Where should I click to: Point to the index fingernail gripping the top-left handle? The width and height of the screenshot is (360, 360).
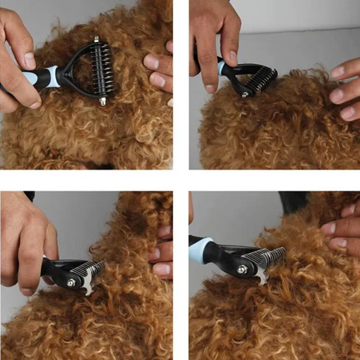pyautogui.click(x=30, y=60)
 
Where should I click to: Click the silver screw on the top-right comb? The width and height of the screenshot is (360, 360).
pyautogui.click(x=244, y=95)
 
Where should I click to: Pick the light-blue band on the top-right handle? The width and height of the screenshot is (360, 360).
pyautogui.click(x=221, y=67)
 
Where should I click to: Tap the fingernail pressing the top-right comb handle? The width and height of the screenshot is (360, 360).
pyautogui.click(x=233, y=56)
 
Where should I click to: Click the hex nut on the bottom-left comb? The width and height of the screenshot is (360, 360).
pyautogui.click(x=71, y=283)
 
